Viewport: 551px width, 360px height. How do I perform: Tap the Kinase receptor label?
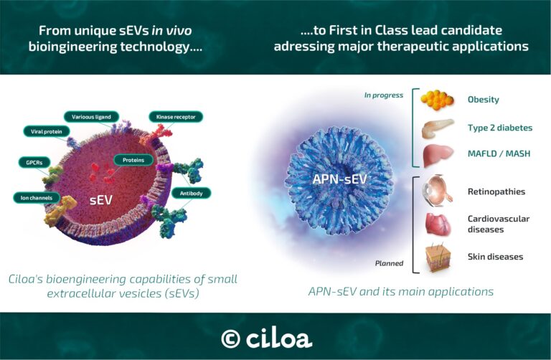click(176, 116)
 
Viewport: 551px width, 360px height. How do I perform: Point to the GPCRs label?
click(30, 163)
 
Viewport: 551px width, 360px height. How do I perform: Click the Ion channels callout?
click(33, 196)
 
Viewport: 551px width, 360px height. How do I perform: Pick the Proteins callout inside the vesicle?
click(133, 160)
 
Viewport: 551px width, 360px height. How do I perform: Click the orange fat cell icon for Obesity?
click(436, 100)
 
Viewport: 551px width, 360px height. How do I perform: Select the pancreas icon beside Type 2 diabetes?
click(438, 128)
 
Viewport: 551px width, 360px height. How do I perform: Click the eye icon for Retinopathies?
click(437, 191)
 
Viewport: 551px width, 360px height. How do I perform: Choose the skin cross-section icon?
click(437, 257)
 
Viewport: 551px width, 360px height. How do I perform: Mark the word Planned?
click(390, 263)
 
